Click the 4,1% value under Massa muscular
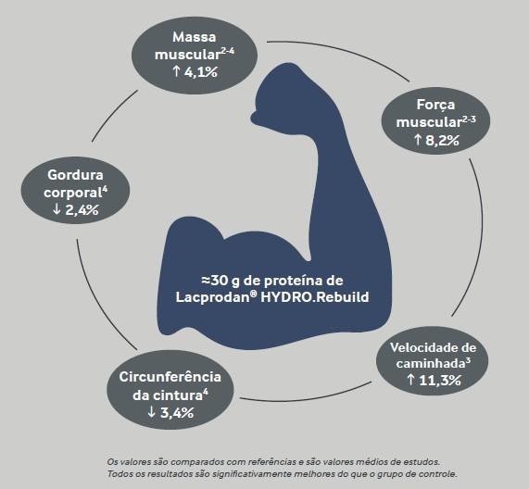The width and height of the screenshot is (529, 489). point(201,72)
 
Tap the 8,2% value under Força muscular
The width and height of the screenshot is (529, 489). point(442,140)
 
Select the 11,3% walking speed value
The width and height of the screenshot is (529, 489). point(440,381)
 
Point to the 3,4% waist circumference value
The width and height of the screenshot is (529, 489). point(177,412)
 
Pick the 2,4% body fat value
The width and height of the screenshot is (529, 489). point(82,209)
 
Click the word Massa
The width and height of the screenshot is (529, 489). point(195,37)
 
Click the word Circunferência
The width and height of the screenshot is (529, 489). point(170,377)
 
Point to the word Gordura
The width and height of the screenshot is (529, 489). point(75,175)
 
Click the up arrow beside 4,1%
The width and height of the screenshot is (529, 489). point(176,71)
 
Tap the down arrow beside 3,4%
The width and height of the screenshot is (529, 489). point(152,412)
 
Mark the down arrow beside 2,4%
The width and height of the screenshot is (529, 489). point(57,209)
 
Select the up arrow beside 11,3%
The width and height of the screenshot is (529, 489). point(410,380)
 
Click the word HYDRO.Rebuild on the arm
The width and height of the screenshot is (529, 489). point(315,297)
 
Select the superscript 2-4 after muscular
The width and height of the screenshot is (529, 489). point(228,51)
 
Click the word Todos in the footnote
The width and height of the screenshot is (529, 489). point(117,474)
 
